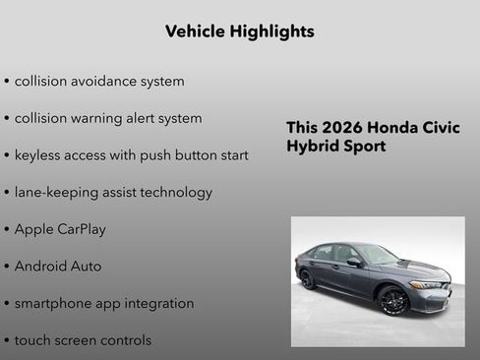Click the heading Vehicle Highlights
239,31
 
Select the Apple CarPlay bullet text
60,229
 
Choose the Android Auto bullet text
58,267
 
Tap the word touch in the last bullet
32,340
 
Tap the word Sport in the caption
363,147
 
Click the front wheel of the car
393,299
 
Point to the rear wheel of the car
308,278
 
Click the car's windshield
377,254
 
